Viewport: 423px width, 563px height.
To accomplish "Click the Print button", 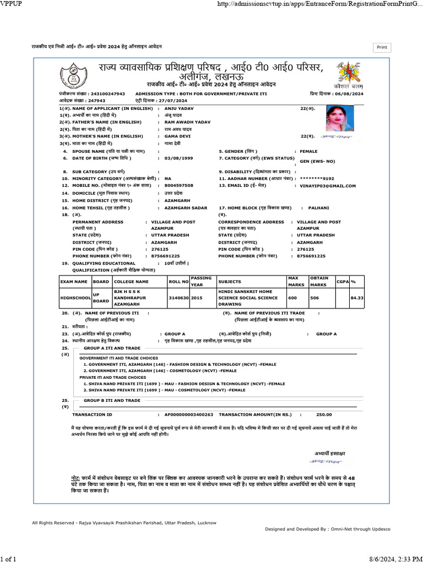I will pos(382,48).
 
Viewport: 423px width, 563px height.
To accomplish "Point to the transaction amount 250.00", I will pos(324,414).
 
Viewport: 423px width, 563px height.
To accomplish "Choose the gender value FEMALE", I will pos(308,151).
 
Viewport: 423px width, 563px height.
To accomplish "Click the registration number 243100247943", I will pos(108,94).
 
